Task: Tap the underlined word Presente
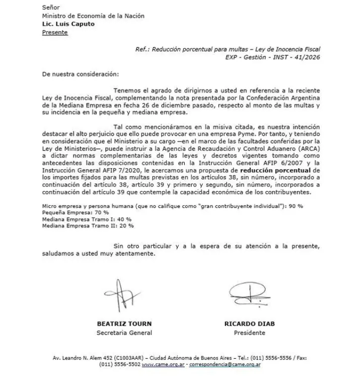pyautogui.click(x=55, y=32)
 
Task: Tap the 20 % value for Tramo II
pyautogui.click(x=127, y=225)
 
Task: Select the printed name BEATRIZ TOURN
pyautogui.click(x=124, y=324)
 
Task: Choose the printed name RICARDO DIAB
pyautogui.click(x=249, y=324)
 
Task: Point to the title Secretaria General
pyautogui.click(x=124, y=333)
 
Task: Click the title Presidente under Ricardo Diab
pyautogui.click(x=249, y=333)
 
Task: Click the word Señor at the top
pyautogui.click(x=51, y=7)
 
